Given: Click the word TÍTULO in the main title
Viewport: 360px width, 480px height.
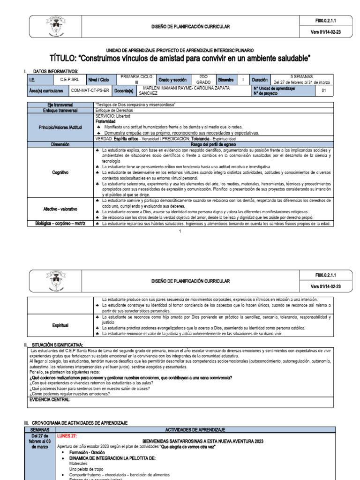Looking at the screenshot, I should point(64,58).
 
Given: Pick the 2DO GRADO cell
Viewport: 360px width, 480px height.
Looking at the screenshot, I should point(203,80).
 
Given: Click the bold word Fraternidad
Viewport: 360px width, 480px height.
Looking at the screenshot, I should point(106,121).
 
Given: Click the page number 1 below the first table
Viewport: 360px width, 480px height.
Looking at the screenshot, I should point(180,232).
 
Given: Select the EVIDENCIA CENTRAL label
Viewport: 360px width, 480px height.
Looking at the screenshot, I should point(50,399).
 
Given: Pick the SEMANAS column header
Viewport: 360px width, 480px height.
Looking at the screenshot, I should point(39,429).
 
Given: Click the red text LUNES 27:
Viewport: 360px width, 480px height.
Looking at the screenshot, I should point(67,435).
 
